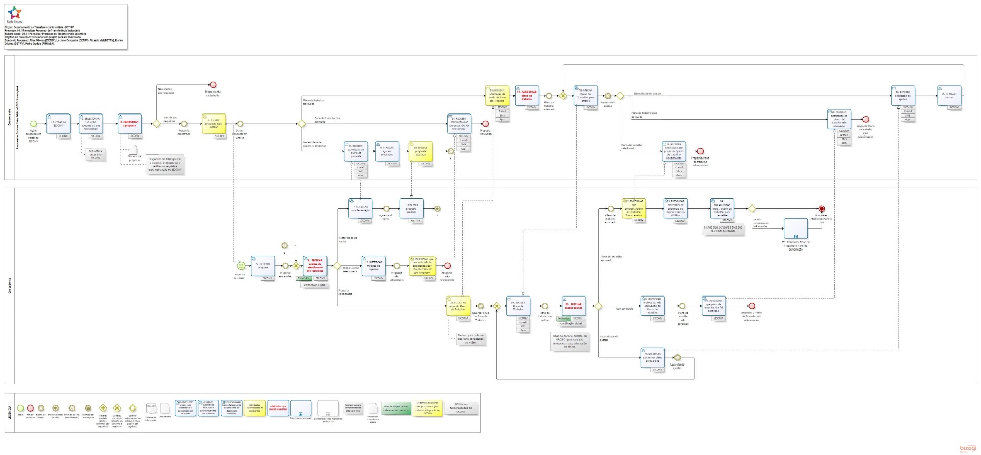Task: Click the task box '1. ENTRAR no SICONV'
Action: pos(58,124)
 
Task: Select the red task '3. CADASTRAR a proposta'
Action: pos(130,124)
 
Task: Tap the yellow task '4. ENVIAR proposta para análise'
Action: pos(214,124)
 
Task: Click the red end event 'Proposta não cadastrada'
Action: pos(213,85)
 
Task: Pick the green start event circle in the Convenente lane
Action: pos(34,124)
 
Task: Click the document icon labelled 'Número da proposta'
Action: pos(133,150)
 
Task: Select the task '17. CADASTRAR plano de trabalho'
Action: pos(527,96)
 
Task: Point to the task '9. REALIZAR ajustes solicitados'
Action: pos(387,151)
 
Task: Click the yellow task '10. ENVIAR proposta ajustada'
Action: pos(421,151)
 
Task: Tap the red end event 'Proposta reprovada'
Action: pos(485,124)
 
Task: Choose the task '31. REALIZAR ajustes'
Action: pos(949,96)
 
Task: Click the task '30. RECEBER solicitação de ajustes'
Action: pos(903,96)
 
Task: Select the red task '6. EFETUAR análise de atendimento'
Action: pos(315,266)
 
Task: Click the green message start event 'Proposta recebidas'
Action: pos(240,266)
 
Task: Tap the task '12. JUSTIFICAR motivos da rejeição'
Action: pos(373,266)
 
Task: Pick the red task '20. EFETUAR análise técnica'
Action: pos(573,306)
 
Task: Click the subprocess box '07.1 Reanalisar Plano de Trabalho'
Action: pos(796,229)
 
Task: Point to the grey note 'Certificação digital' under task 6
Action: pos(314,285)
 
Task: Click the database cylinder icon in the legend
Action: pos(151,408)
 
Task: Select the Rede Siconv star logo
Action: pos(15,13)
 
